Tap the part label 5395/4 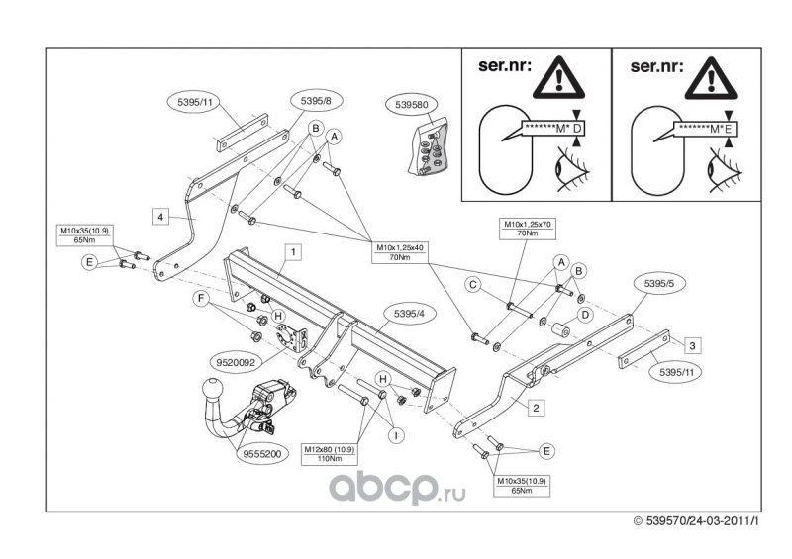click(403, 316)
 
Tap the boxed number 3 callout click(692, 344)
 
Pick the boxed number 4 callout click(159, 214)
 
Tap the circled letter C click(473, 285)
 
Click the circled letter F click(201, 297)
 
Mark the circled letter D click(584, 315)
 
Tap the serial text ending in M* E click(707, 129)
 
